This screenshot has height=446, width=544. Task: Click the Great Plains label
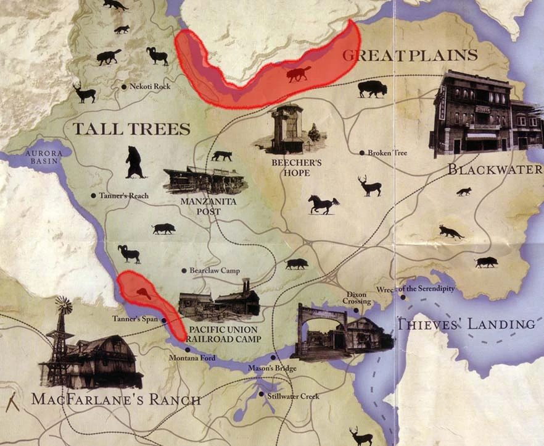410,55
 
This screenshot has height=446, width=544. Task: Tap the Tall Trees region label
131,129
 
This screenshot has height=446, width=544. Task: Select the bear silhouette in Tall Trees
135,162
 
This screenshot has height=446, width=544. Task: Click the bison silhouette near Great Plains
373,89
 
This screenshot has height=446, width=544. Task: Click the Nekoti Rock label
150,87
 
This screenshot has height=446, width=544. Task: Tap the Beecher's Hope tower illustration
287,128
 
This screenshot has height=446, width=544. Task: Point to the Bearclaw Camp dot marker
184,271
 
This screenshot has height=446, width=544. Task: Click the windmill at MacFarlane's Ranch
63,306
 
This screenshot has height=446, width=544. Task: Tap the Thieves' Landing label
465,324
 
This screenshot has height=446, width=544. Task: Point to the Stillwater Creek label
293,396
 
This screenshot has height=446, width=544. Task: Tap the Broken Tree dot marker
362,153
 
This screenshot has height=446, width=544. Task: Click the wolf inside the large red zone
299,75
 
